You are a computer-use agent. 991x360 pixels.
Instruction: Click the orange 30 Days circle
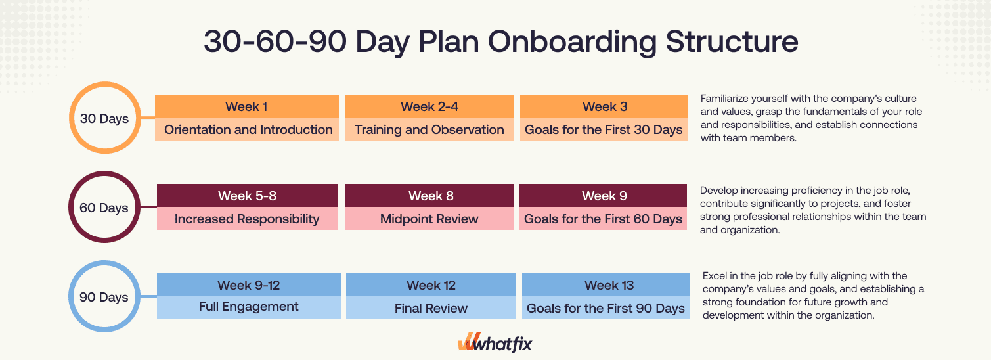(104, 119)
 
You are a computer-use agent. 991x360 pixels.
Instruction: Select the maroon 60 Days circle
(104, 208)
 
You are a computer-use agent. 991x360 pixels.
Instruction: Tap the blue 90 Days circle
(104, 297)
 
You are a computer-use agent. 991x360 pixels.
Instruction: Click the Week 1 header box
(246, 106)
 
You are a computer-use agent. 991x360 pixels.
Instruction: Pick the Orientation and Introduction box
(248, 129)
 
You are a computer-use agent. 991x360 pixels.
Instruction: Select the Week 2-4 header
(429, 106)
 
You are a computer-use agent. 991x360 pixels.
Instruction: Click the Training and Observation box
(429, 129)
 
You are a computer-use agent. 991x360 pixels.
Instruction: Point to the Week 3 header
(604, 106)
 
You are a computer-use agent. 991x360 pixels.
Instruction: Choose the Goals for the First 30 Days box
(604, 129)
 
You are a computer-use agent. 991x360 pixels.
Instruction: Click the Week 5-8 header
(247, 196)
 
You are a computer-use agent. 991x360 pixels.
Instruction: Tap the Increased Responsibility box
(247, 219)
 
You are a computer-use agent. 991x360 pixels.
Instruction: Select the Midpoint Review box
(429, 219)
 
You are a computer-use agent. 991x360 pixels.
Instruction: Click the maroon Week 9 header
(604, 196)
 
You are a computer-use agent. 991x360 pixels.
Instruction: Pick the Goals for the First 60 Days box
(604, 219)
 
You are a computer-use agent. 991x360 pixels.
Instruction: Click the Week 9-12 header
(248, 285)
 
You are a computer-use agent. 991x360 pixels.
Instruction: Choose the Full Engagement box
(248, 307)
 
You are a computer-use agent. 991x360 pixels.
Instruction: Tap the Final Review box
(431, 307)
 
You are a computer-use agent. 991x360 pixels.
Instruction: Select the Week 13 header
(606, 285)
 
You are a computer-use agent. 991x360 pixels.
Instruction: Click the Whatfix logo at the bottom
(495, 343)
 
